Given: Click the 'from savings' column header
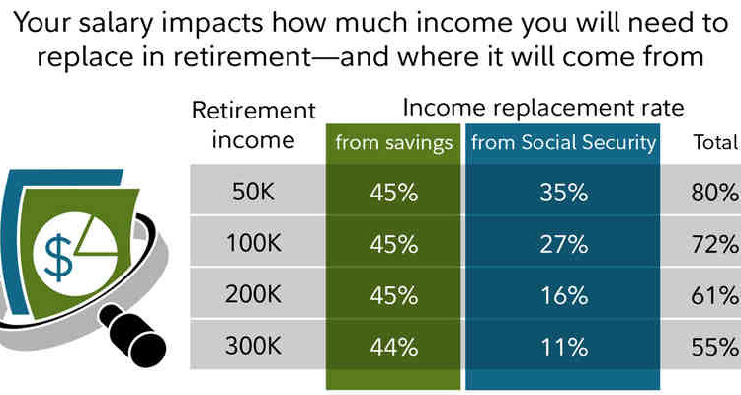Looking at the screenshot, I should [393, 143].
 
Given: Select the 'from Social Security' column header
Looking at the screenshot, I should [563, 143].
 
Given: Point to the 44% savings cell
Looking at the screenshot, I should [393, 346].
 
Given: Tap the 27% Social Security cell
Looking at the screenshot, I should [563, 243].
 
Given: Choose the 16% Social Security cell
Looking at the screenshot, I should [563, 294].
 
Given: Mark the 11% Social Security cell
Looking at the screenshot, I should [563, 346].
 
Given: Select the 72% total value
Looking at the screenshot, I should [714, 243].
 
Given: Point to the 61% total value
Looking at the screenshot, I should [714, 294].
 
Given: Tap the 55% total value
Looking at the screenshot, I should [714, 346].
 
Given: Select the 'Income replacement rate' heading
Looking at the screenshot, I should [542, 107].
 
